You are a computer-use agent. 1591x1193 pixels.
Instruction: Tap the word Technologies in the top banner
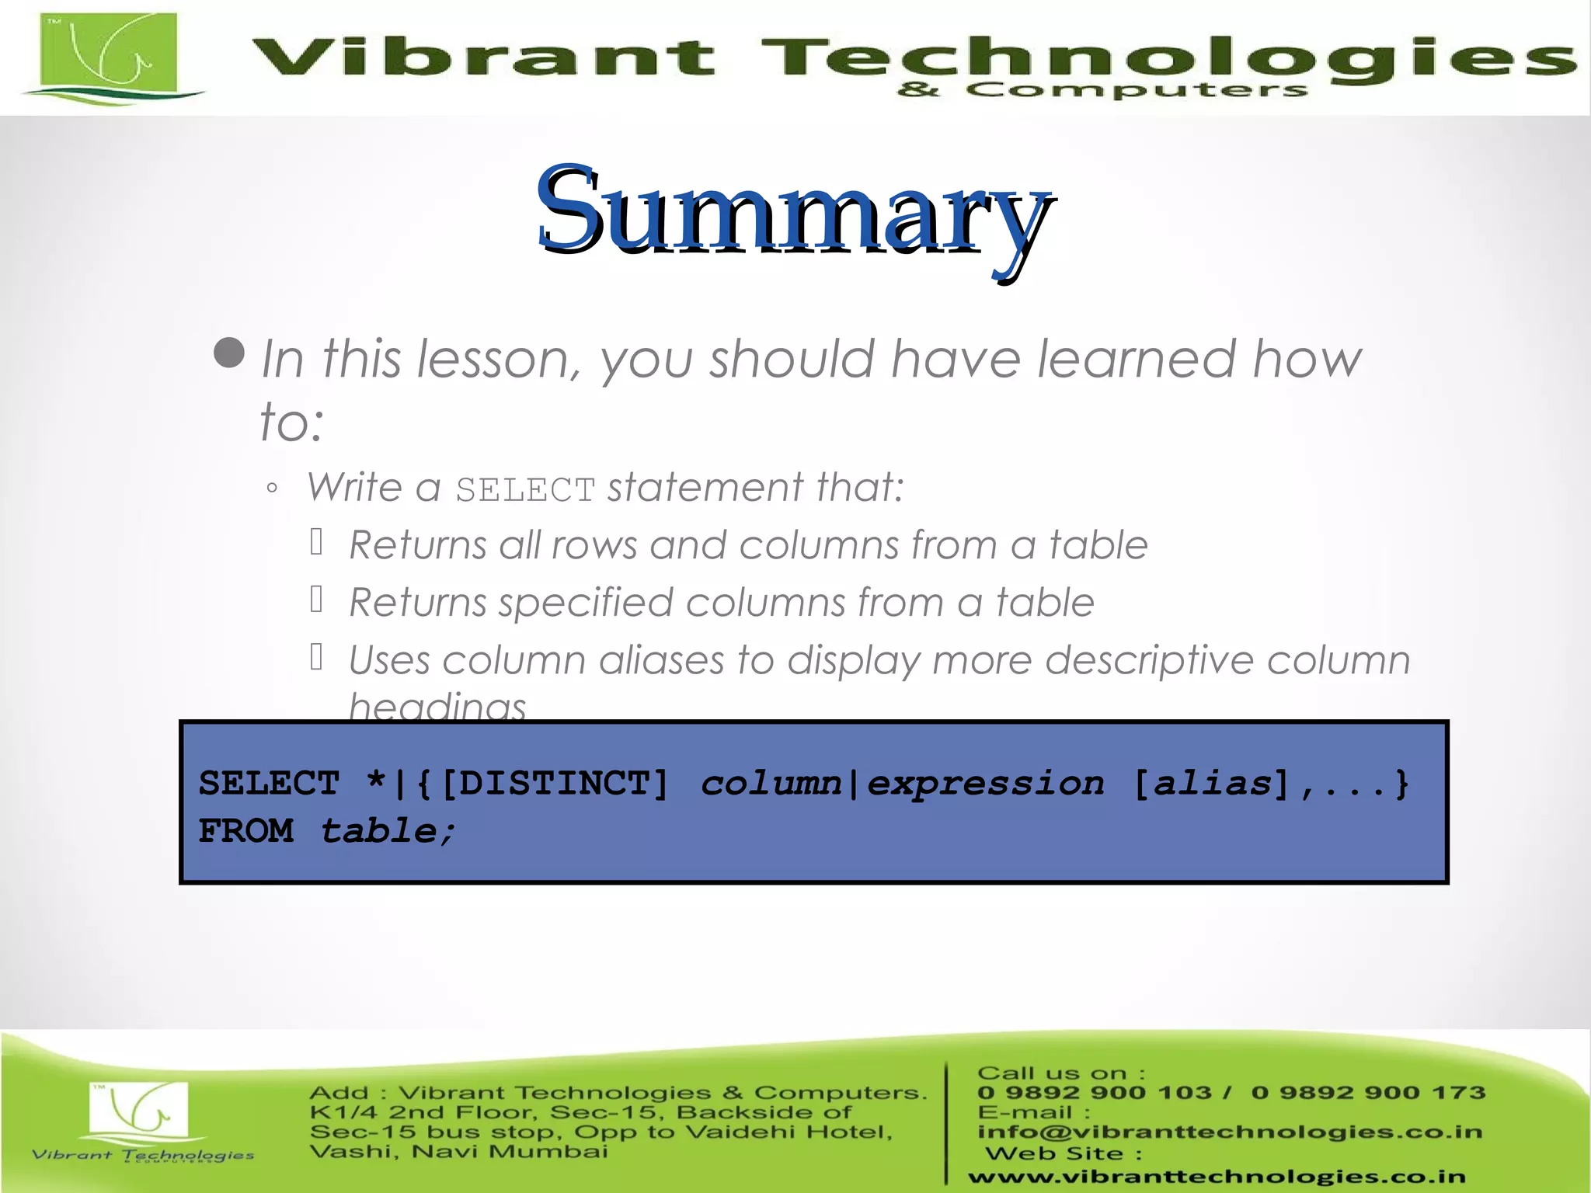tap(1165, 58)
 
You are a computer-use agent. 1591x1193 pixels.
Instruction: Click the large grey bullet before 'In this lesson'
tap(229, 353)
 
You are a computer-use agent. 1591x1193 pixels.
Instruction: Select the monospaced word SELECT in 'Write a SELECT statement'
tap(525, 490)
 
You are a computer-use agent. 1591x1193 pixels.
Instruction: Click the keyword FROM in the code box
tap(246, 831)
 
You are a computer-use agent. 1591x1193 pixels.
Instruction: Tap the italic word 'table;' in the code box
tap(387, 831)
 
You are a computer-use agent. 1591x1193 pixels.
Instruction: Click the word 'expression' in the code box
tap(985, 783)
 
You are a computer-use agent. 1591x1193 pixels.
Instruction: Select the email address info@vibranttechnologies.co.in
tap(1229, 1132)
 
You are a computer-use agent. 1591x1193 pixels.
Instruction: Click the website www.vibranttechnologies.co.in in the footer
tap(1217, 1177)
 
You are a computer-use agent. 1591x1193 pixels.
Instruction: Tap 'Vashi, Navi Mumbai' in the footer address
tap(458, 1151)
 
